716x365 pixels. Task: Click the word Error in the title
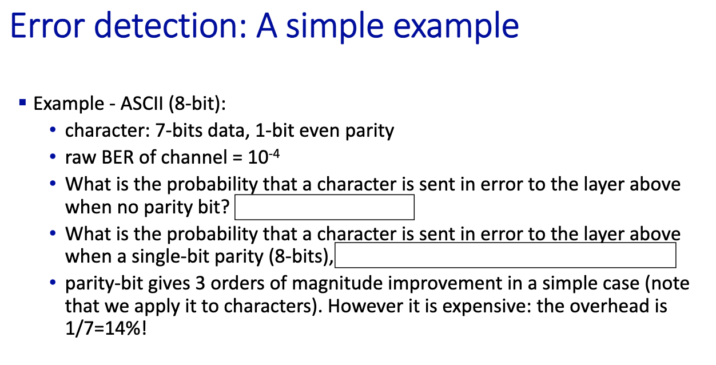click(47, 26)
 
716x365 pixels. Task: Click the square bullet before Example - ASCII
click(22, 102)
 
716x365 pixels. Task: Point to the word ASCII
click(142, 104)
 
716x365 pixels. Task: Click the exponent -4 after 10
click(274, 154)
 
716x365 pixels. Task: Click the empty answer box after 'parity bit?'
click(324, 207)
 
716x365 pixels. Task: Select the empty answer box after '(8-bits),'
click(506, 255)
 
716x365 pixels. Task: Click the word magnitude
click(337, 284)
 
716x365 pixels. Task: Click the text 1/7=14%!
click(106, 328)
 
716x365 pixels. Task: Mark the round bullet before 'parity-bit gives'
click(53, 283)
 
